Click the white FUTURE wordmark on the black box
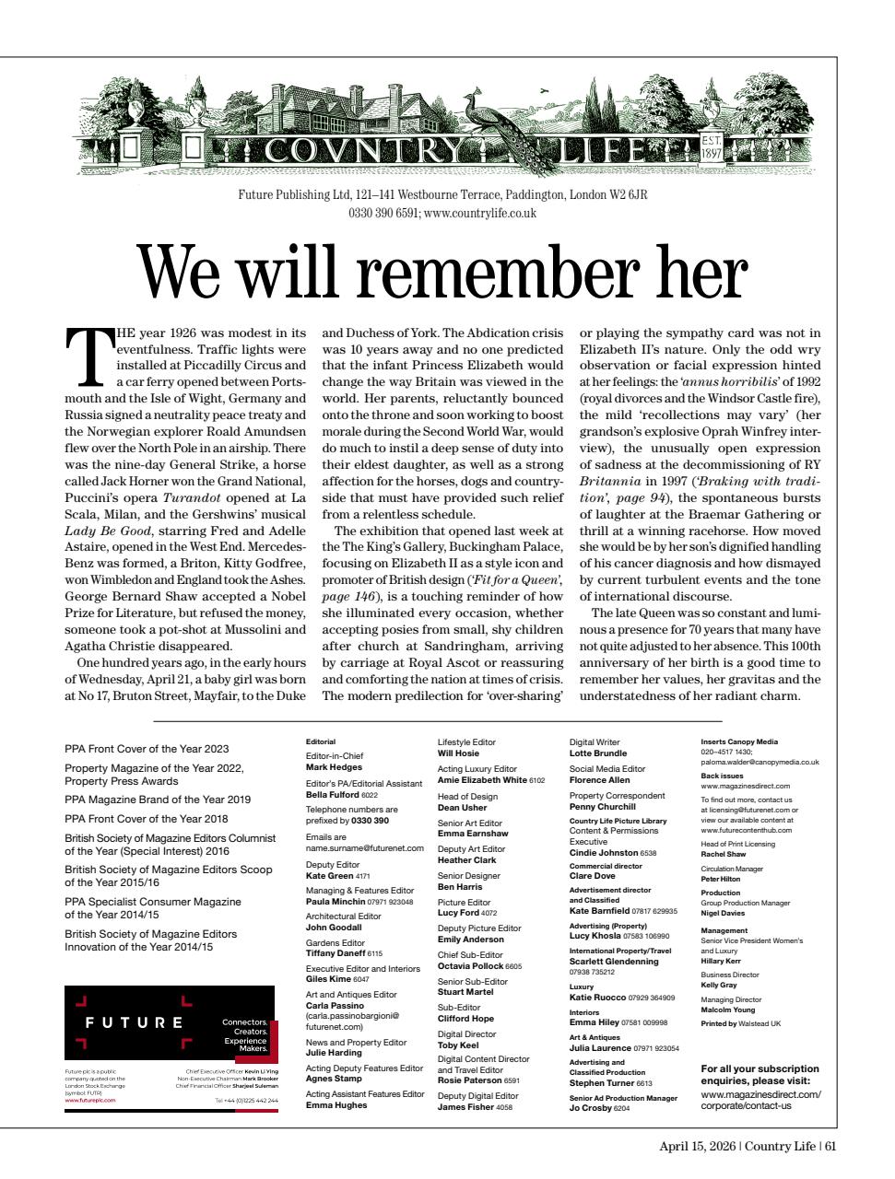pyautogui.click(x=135, y=1022)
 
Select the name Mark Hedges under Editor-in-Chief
pyautogui.click(x=334, y=766)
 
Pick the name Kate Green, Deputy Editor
pyautogui.click(x=329, y=876)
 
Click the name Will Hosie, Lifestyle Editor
pyautogui.click(x=458, y=753)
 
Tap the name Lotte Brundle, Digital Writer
pyautogui.click(x=597, y=753)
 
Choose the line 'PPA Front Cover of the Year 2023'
pyautogui.click(x=147, y=749)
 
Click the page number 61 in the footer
pyautogui.click(x=830, y=1146)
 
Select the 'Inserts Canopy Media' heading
pyautogui.click(x=739, y=741)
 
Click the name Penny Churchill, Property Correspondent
pyautogui.click(x=603, y=806)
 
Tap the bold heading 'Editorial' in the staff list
pyautogui.click(x=321, y=741)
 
